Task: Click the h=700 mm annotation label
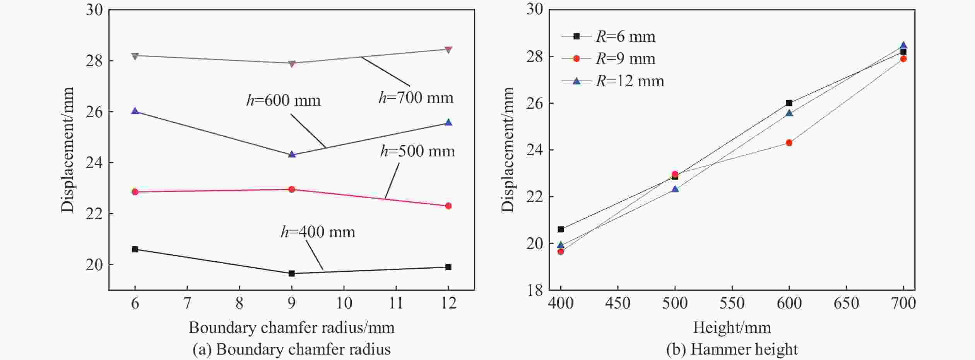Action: [x=416, y=98]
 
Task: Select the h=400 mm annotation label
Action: [x=318, y=232]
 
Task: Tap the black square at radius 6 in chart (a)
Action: [x=135, y=249]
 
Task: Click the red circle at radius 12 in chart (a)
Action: [x=448, y=206]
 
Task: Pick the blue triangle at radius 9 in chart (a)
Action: [x=292, y=154]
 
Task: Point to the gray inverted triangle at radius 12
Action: [x=448, y=50]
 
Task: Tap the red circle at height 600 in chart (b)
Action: [x=789, y=143]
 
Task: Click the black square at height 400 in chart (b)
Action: [x=561, y=230]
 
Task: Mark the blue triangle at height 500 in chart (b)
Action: [x=675, y=189]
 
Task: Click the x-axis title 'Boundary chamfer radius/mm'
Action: [x=291, y=328]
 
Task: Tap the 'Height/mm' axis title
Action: [x=732, y=328]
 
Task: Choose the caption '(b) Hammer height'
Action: [x=732, y=350]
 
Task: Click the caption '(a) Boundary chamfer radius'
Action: [x=291, y=350]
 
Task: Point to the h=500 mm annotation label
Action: [x=417, y=151]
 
